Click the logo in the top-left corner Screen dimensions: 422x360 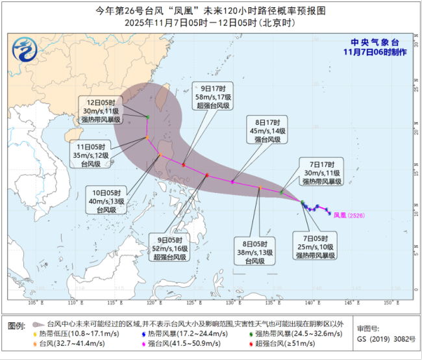24,48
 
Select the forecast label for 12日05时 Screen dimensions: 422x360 98,110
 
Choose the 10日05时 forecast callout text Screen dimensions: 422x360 105,200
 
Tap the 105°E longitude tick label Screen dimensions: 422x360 32,303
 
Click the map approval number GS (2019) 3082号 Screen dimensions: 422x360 386,339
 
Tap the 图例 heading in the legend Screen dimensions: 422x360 16,324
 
